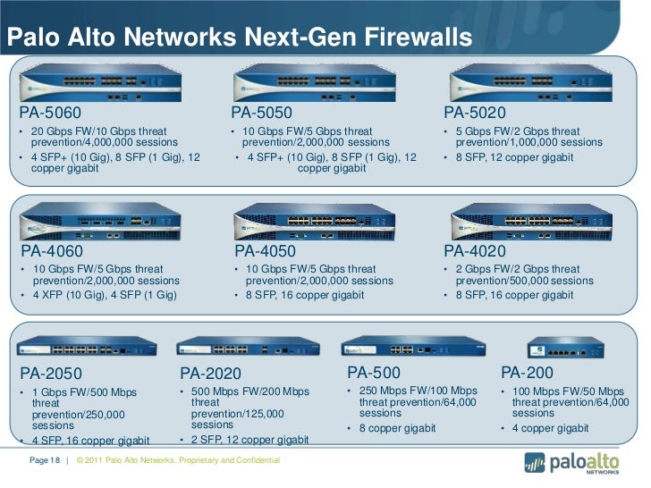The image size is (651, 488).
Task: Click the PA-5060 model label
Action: click(x=51, y=114)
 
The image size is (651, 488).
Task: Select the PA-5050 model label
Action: click(x=261, y=114)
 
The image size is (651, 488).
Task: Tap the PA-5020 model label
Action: click(x=475, y=114)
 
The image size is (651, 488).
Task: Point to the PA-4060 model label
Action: click(x=52, y=251)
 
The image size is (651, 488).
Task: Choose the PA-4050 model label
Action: click(x=265, y=251)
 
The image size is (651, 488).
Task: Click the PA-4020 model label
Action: click(x=475, y=251)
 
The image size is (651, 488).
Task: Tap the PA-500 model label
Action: click(x=374, y=372)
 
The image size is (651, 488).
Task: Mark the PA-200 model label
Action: click(x=527, y=372)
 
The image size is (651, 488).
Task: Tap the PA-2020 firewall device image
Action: click(x=236, y=346)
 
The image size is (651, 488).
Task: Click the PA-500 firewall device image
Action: click(x=401, y=345)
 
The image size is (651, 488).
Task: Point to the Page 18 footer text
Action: click(x=44, y=460)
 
